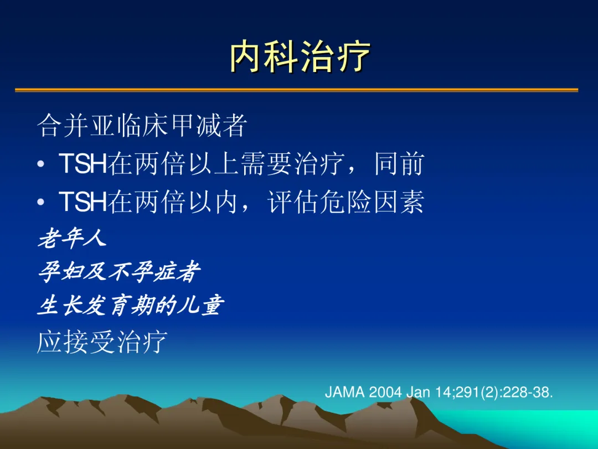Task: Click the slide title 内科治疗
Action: (x=300, y=56)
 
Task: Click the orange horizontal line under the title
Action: (x=296, y=90)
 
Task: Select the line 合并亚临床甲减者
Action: (x=142, y=126)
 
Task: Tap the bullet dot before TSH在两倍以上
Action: (x=41, y=164)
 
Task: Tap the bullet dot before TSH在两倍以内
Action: (x=41, y=202)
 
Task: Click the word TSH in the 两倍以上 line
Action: (x=83, y=164)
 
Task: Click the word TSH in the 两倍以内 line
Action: (x=83, y=202)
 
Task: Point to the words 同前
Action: (x=399, y=164)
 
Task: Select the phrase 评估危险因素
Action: (x=346, y=202)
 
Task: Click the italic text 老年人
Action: (x=72, y=238)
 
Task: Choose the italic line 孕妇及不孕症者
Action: (x=119, y=272)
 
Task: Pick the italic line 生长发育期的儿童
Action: (x=131, y=305)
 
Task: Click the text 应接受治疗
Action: (x=102, y=342)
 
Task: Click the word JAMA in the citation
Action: (x=345, y=392)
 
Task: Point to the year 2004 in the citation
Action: (x=385, y=392)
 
